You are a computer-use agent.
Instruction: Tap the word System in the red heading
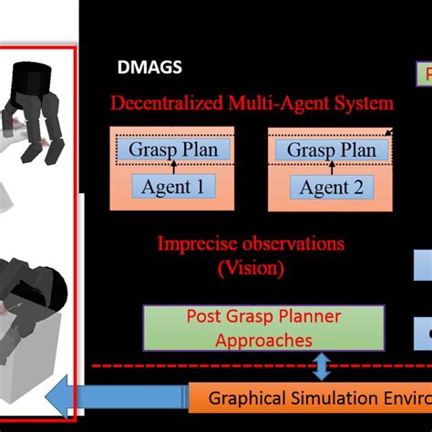364,103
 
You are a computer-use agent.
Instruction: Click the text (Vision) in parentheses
251,268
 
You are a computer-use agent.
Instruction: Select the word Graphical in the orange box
247,399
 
